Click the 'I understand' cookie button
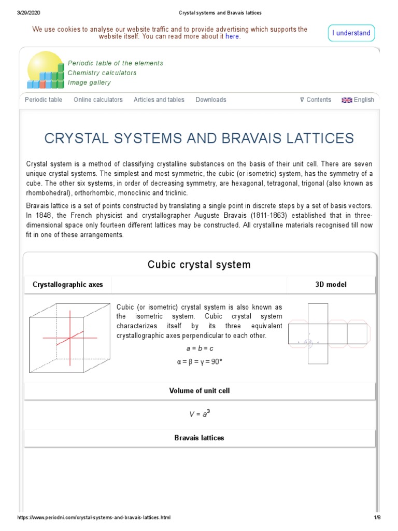coord(351,33)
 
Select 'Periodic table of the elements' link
coord(115,63)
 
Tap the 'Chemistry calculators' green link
coord(102,73)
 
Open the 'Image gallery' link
coord(89,82)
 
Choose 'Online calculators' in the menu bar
coord(98,100)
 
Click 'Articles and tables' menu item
coord(159,100)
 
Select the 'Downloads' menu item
coord(210,100)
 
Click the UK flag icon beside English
coord(347,100)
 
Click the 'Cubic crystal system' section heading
coord(199,265)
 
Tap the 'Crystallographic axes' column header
coord(68,285)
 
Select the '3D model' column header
coord(331,285)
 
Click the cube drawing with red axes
coord(69,338)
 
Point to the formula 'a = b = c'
coord(200,348)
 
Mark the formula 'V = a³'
coord(200,414)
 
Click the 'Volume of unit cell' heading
coord(200,390)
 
